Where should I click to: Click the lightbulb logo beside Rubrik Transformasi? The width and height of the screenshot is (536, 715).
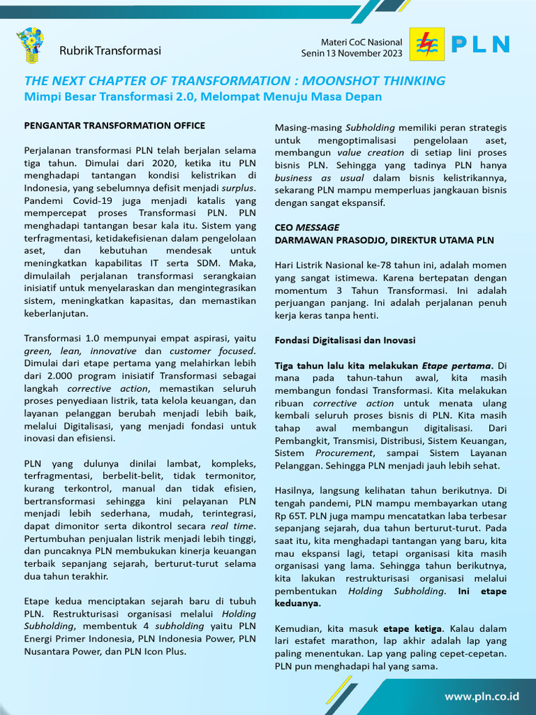point(30,45)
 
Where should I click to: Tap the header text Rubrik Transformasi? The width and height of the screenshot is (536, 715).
point(110,51)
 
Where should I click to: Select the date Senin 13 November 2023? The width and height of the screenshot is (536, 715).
point(352,53)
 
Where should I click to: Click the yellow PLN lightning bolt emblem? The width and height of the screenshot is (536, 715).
point(426,44)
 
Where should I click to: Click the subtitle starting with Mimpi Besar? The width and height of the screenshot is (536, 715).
point(202,96)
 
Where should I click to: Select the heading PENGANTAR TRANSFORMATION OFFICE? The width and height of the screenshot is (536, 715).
point(114,126)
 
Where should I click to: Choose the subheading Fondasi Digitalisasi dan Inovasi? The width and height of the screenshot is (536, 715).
point(345,340)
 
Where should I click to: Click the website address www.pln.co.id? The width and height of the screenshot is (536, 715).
point(482,696)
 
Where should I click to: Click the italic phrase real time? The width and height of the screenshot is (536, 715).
point(230,526)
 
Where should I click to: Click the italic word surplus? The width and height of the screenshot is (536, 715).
point(239,188)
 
